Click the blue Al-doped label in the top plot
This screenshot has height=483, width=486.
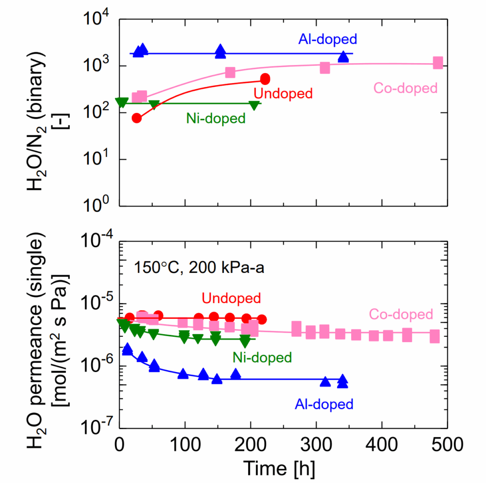[327, 39]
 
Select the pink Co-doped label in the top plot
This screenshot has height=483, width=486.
[405, 88]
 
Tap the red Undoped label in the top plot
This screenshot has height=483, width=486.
[283, 93]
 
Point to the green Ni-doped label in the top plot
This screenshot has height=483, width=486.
[216, 118]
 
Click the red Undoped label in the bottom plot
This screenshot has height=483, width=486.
[231, 298]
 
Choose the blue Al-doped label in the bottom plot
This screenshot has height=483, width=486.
[324, 404]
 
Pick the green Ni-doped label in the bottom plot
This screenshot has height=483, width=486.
[262, 358]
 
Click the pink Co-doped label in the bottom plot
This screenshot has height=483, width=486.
[401, 315]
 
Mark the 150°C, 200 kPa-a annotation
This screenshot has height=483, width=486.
[199, 268]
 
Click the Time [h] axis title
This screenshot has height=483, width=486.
[279, 468]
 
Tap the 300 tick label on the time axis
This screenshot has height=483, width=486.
[316, 445]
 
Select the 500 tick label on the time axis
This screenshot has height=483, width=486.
[448, 445]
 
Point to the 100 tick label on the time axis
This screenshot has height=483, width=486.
[185, 445]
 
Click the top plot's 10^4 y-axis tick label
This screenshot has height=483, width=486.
[97, 19]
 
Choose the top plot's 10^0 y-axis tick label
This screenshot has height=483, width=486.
[97, 204]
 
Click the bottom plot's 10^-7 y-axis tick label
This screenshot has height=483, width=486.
[95, 427]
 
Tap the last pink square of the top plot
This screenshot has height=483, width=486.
[438, 63]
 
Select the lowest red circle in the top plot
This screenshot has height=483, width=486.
[137, 118]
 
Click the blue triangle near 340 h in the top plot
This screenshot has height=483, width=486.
[343, 56]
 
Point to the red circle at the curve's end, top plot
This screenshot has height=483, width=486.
[265, 79]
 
